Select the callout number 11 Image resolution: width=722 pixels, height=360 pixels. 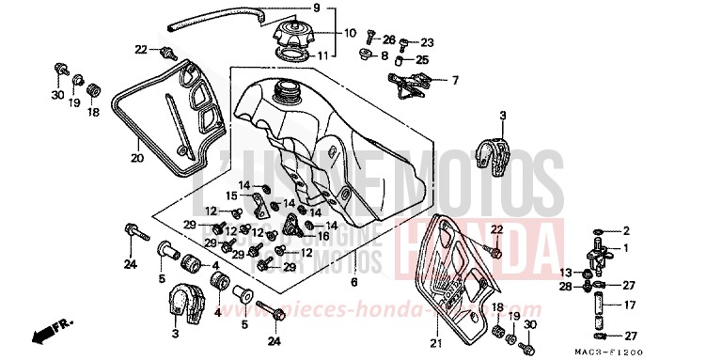click(x=349, y=55)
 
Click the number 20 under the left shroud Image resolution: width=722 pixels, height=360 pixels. click(x=137, y=159)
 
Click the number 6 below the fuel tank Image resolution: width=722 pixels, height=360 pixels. click(x=353, y=282)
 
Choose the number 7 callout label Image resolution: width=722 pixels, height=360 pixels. click(x=455, y=80)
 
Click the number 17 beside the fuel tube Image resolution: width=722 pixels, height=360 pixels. click(x=631, y=305)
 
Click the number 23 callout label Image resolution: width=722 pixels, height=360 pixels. click(x=428, y=42)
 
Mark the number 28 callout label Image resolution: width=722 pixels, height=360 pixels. click(x=566, y=287)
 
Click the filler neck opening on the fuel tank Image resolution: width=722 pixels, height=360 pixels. click(x=283, y=90)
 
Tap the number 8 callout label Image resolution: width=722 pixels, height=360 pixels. click(x=385, y=56)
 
